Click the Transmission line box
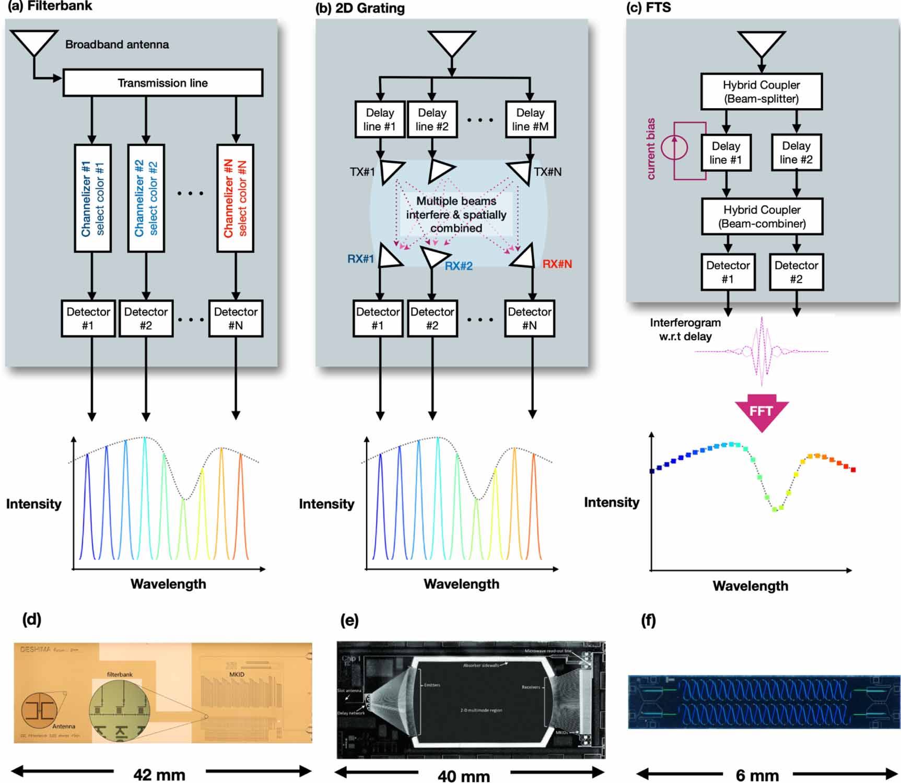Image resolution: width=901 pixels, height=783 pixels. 162,83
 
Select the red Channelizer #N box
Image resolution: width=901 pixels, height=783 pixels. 235,198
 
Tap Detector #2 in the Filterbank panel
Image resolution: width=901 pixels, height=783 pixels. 146,318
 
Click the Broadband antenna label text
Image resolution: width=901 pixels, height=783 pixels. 117,44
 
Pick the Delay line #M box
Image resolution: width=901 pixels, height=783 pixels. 530,120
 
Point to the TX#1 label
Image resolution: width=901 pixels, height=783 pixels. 362,172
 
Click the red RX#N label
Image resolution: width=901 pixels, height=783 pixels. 557,264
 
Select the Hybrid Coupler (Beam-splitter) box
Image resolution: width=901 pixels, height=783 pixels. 761,91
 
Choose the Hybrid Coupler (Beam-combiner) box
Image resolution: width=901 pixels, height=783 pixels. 762,216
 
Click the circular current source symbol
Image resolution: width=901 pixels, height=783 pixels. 674,147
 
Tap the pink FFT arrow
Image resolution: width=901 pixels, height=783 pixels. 761,412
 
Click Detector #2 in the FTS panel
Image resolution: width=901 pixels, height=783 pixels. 795,272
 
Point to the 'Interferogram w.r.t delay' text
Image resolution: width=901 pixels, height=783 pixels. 685,330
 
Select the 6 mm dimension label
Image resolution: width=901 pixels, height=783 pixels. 757,775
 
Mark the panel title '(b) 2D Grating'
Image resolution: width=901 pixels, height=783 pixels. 360,8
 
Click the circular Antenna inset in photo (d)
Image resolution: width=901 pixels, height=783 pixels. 39,710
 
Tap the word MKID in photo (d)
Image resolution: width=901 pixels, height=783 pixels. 237,674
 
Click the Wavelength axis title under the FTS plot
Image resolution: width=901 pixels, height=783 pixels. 750,586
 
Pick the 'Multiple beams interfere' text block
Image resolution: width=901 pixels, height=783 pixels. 456,215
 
